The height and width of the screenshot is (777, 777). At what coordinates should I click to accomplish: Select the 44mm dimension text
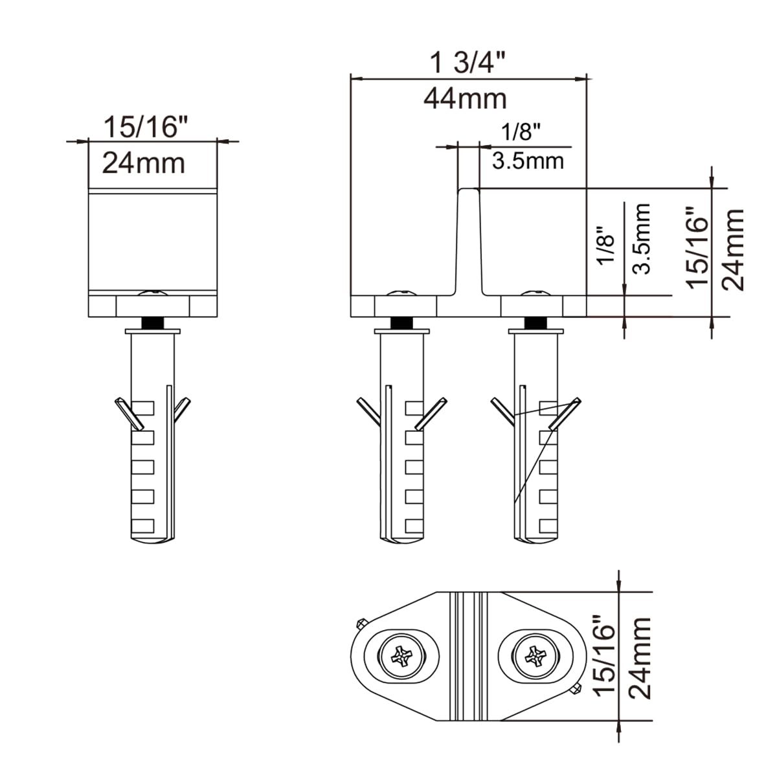(x=465, y=98)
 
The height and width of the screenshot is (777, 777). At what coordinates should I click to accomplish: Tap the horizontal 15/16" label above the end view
(x=141, y=128)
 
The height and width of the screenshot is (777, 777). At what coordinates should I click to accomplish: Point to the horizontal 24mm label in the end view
(x=144, y=163)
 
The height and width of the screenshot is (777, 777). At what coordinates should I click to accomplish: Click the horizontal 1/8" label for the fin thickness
(x=521, y=133)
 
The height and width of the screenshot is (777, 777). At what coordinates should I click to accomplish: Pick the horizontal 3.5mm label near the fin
(x=528, y=160)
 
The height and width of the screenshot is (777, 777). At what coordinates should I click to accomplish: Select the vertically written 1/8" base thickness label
(x=605, y=245)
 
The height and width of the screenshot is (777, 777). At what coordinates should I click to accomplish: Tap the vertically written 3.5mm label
(x=642, y=238)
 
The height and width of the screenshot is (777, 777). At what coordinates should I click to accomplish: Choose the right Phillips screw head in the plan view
(x=535, y=658)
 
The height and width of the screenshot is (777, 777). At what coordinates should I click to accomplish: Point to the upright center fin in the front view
(x=469, y=240)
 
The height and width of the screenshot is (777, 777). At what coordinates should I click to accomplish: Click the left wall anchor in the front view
(x=401, y=434)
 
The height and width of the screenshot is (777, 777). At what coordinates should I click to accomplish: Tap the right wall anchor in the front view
(x=535, y=434)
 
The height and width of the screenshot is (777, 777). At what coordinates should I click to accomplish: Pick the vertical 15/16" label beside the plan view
(x=605, y=657)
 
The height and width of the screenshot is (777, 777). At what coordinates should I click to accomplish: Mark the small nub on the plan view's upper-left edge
(x=360, y=624)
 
